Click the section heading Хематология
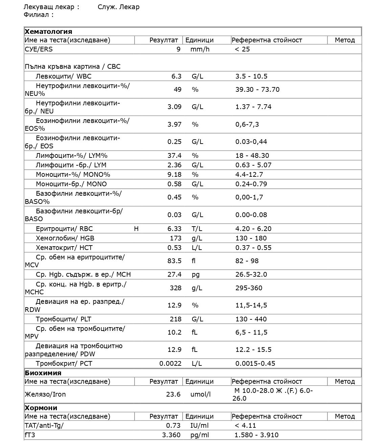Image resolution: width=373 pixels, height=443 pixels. pyautogui.click(x=48, y=31)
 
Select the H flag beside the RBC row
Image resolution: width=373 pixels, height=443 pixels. pyautogui.click(x=136, y=229)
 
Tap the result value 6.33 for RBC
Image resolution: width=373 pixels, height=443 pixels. pyautogui.click(x=174, y=229)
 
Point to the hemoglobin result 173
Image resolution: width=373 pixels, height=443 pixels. pyautogui.click(x=176, y=238)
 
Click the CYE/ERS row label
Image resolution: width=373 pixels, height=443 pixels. pyautogui.click(x=39, y=49)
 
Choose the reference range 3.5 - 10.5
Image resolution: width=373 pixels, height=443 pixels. pyautogui.click(x=251, y=76)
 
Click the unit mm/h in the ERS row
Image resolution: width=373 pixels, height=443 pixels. pyautogui.click(x=200, y=49)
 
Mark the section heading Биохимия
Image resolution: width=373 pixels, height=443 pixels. pyautogui.click(x=43, y=373)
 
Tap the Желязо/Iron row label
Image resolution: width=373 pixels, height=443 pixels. pyautogui.click(x=45, y=394)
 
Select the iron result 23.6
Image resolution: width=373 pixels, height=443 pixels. pyautogui.click(x=174, y=394)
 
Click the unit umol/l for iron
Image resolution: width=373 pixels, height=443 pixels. pyautogui.click(x=201, y=394)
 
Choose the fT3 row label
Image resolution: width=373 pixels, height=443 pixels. pyautogui.click(x=30, y=435)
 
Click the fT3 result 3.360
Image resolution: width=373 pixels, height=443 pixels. pyautogui.click(x=171, y=435)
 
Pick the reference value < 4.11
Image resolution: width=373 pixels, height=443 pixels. pyautogui.click(x=245, y=425)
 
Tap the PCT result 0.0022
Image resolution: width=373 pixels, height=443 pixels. pyautogui.click(x=170, y=363)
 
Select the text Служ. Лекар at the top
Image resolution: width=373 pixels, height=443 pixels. pyautogui.click(x=118, y=7)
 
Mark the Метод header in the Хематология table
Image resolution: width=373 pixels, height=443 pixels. pyautogui.click(x=345, y=40)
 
